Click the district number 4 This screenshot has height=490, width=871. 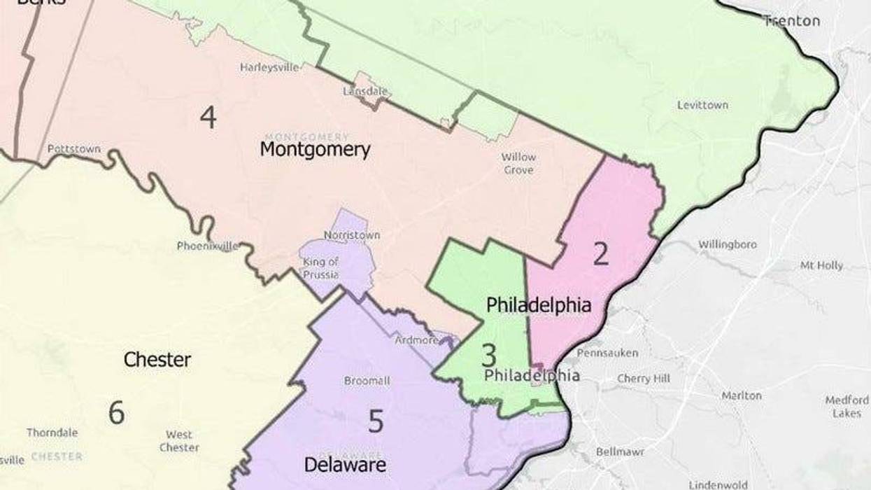coord(208,117)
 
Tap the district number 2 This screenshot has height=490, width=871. coord(600,255)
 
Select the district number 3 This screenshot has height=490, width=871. coord(488,356)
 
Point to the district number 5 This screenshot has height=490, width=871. coord(376,421)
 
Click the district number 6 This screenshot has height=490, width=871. coord(116,412)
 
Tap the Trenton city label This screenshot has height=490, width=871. coord(791,21)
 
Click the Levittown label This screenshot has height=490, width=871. coord(702,105)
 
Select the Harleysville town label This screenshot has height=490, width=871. coord(269,68)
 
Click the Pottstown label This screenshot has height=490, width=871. coord(73,149)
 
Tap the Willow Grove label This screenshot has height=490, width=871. coord(518,164)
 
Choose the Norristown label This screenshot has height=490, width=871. coord(352,235)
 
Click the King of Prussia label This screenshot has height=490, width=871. coord(320,268)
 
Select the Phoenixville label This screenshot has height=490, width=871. coord(208,246)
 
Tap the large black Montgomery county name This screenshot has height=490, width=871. coord(315,150)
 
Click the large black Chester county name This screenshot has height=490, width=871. coord(157,360)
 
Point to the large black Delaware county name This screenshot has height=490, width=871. coord(345,464)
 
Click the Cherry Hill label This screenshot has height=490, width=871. coord(644,379)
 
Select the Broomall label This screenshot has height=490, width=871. coord(367,381)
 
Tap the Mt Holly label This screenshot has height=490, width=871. coord(821,266)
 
